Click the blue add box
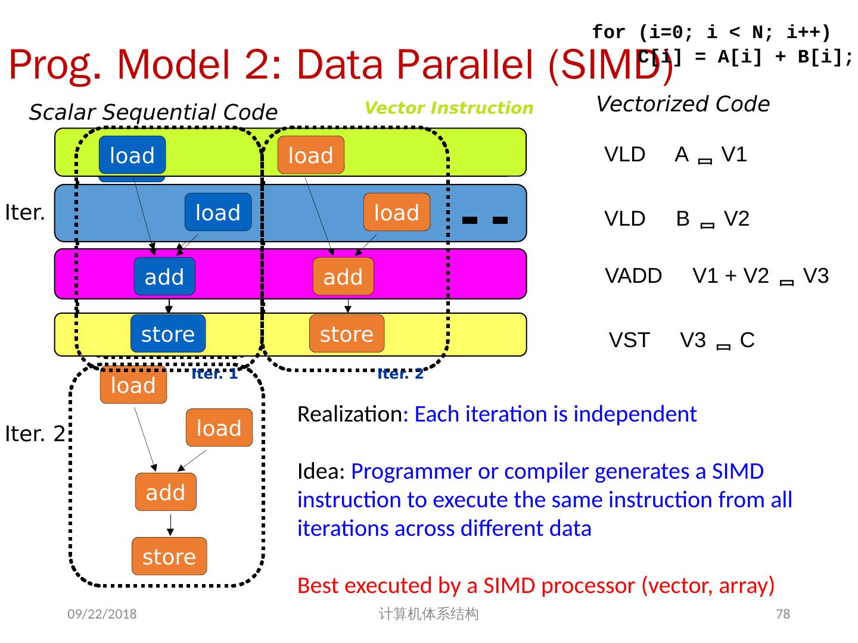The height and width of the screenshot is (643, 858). click(x=164, y=276)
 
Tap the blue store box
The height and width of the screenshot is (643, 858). click(x=168, y=333)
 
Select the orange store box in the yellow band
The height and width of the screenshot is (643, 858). click(x=347, y=333)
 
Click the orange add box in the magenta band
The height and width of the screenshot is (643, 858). click(x=343, y=276)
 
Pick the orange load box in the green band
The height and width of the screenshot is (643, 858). click(x=311, y=155)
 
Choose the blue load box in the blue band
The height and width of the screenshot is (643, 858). click(x=218, y=212)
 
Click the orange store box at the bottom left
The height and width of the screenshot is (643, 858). click(x=169, y=556)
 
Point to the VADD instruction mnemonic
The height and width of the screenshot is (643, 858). click(x=633, y=276)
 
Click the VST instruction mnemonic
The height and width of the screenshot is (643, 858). click(x=629, y=341)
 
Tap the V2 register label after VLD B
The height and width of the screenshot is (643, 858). click(x=736, y=219)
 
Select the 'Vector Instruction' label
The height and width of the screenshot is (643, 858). click(x=449, y=108)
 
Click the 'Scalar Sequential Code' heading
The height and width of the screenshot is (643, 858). click(x=153, y=112)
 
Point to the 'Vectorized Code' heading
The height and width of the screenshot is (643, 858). click(x=683, y=104)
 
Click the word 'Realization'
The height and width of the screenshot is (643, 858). click(x=350, y=414)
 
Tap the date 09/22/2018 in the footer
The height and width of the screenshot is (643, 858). click(x=102, y=614)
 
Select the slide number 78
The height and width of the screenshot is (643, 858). click(x=783, y=614)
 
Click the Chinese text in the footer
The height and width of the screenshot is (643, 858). click(x=428, y=614)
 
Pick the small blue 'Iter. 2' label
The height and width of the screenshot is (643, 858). click(x=400, y=374)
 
